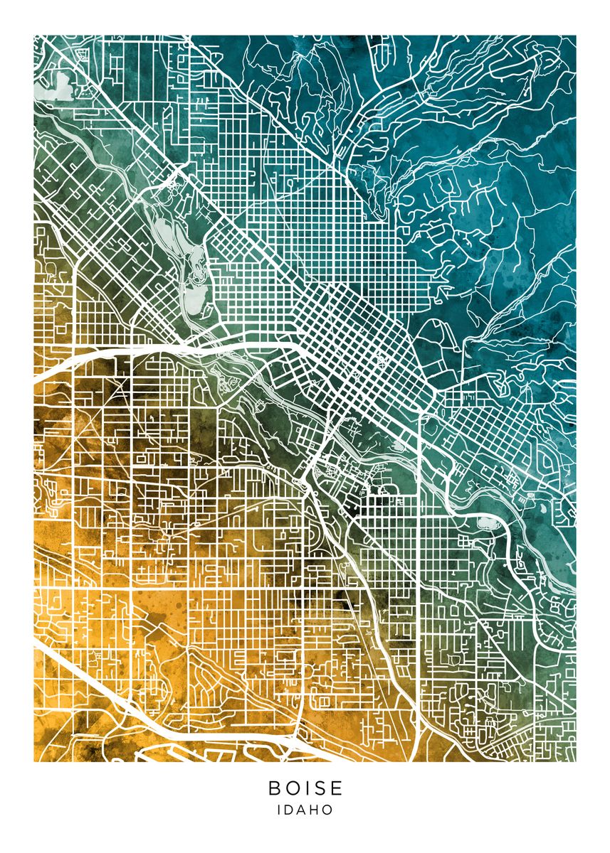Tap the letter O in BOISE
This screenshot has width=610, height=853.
coord(293,788)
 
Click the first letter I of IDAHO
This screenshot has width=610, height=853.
coord(279,810)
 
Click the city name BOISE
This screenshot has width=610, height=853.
coord(305,788)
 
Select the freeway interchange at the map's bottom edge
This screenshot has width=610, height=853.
coord(293,742)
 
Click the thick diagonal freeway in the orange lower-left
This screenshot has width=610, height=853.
coord(85,675)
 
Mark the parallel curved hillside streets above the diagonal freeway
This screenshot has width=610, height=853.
coord(214,675)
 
